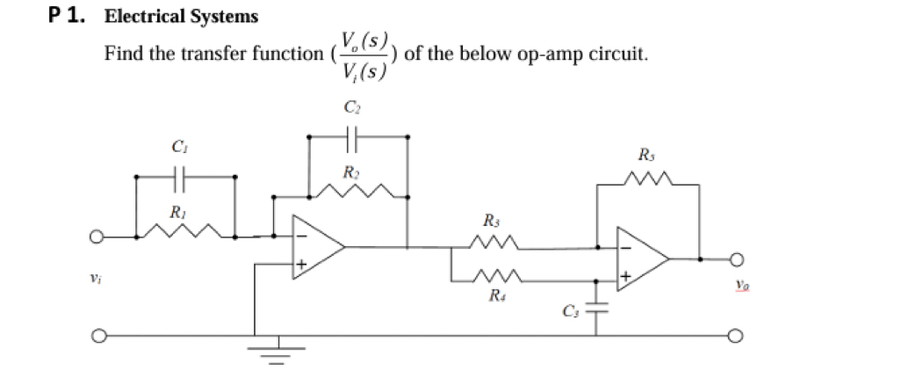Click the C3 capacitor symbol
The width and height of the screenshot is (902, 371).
point(598,310)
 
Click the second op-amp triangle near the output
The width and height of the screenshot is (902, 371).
point(642,258)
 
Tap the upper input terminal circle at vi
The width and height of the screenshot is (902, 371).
point(100,236)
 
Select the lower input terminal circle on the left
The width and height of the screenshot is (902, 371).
point(100,335)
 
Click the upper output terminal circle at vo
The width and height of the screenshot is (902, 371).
point(736,259)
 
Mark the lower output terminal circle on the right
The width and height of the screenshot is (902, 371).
point(736,335)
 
